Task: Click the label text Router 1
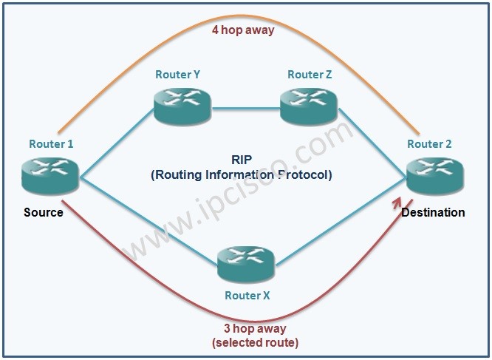(x=51, y=143)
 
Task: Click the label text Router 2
(x=429, y=143)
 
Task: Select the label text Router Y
(x=177, y=75)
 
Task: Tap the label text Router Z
(x=305, y=75)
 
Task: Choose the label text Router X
(x=247, y=295)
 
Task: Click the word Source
(x=44, y=212)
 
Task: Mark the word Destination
(x=433, y=212)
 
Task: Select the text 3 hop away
(x=254, y=329)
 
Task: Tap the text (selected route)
(x=254, y=343)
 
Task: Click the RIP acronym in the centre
(x=242, y=159)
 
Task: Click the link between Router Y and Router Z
(x=245, y=114)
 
